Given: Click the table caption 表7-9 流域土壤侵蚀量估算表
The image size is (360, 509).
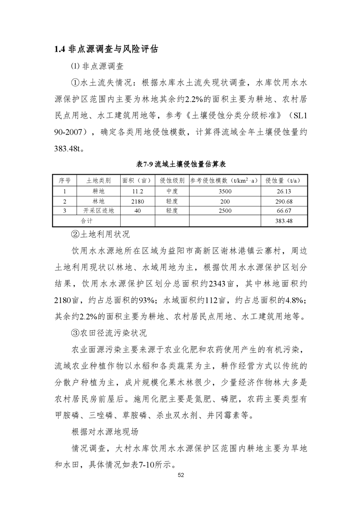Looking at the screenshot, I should [x=181, y=164].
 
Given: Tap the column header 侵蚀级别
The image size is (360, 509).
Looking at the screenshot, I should [x=172, y=180].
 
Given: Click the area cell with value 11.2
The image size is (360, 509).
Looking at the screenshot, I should [x=138, y=191].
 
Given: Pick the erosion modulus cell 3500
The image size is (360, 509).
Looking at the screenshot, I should [x=225, y=191].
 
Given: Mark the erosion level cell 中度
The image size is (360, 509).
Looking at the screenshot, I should [x=172, y=191].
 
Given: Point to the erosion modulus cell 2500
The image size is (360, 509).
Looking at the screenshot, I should [x=225, y=210].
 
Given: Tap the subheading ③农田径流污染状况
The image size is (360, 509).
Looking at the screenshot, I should [x=108, y=333].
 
